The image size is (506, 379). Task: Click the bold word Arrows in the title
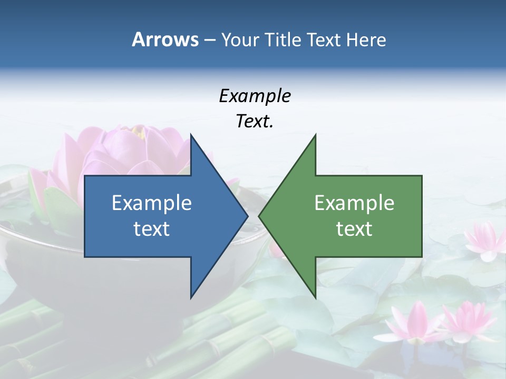click(164, 39)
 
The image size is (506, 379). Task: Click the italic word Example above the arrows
click(255, 96)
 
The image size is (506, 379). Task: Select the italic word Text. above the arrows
click(255, 122)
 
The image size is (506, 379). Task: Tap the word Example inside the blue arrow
click(152, 203)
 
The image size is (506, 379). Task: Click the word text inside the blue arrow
click(152, 229)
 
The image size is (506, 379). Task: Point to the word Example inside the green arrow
click(354, 203)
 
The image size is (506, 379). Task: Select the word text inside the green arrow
click(354, 229)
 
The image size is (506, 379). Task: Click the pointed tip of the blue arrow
click(247, 216)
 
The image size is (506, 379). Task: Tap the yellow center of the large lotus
click(139, 131)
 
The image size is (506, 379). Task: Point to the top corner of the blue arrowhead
click(191, 135)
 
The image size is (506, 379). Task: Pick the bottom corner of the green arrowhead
click(315, 297)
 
